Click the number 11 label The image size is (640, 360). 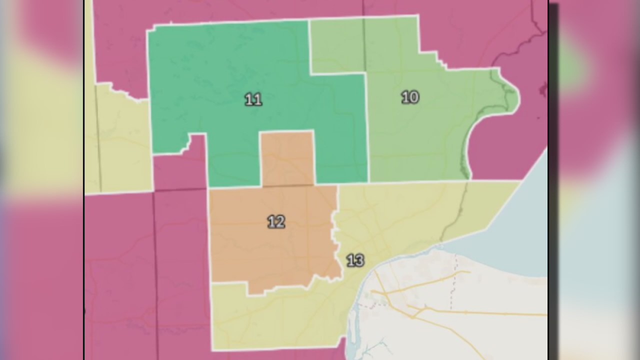click(x=253, y=99)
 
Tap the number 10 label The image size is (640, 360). click(x=410, y=97)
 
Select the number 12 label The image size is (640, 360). click(x=276, y=221)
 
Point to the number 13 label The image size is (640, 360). click(x=355, y=260)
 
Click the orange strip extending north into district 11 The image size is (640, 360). click(x=287, y=157)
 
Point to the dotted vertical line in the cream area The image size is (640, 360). click(x=454, y=280)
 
